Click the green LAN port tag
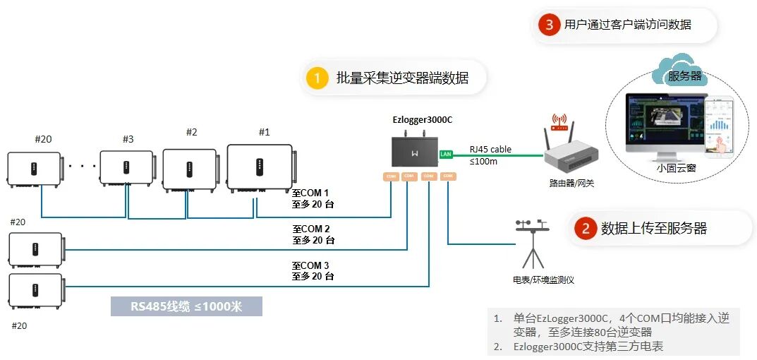tap(445, 153)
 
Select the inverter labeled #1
tap(259, 167)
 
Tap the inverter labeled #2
tap(189, 169)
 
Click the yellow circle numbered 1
tap(317, 78)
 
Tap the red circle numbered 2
tap(585, 228)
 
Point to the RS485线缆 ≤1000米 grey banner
tap(186, 306)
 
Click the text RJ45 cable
tap(490, 150)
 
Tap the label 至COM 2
tap(310, 229)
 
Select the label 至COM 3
tap(310, 266)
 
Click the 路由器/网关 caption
tap(567, 184)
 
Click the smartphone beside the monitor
tap(720, 128)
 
